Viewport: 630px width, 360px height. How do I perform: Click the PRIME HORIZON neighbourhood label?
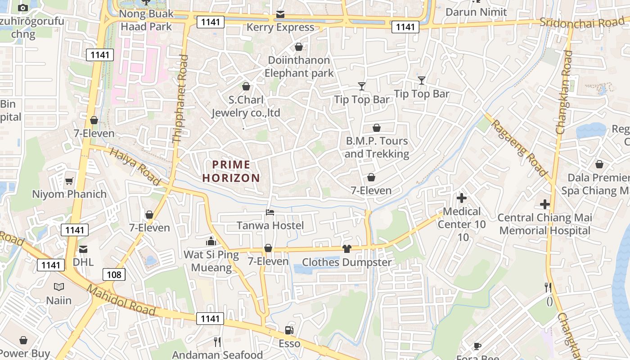[x=231, y=171]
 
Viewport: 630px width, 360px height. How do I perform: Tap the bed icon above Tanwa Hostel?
[x=270, y=212]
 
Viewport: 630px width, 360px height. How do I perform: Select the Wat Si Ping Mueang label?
[x=211, y=261]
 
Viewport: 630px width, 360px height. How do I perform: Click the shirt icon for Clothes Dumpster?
[x=346, y=248]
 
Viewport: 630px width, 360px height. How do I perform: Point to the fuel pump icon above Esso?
[x=289, y=330]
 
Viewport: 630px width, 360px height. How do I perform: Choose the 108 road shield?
[x=114, y=274]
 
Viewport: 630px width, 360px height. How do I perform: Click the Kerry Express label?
[x=280, y=27]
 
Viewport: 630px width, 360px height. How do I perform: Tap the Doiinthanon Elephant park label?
[x=299, y=67]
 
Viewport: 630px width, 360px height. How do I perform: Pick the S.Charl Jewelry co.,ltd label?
[x=246, y=106]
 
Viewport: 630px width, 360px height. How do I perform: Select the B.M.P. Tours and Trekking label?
[x=377, y=147]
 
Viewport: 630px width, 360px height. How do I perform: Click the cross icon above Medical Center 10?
[x=461, y=198]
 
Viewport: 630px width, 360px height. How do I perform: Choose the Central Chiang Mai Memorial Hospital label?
[x=544, y=224]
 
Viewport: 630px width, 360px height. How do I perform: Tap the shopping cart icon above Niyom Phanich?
[x=69, y=181]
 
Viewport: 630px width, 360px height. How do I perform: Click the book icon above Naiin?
[x=58, y=287]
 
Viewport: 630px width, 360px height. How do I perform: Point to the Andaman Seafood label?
[x=217, y=355]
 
